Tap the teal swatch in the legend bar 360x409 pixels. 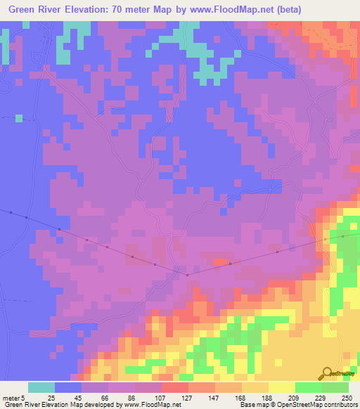[41, 387]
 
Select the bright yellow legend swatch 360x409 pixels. [282, 387]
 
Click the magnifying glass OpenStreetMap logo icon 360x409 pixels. [327, 372]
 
